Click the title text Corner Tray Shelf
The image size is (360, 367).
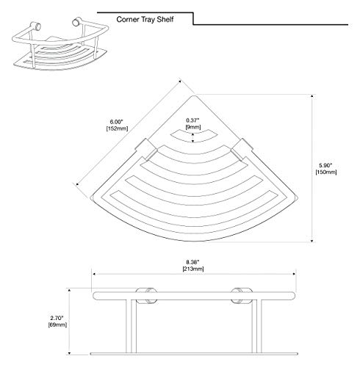tap(145, 19)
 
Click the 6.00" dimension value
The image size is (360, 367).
tap(117, 122)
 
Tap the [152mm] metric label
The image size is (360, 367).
tap(117, 128)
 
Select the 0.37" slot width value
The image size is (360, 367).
tap(192, 120)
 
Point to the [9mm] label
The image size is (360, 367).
tap(193, 127)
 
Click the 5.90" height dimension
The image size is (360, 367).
tap(325, 165)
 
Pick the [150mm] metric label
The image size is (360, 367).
tap(326, 172)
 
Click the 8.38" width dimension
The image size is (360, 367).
tap(192, 262)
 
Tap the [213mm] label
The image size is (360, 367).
tap(193, 269)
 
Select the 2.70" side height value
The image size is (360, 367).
tap(57, 318)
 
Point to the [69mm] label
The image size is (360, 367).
tap(57, 324)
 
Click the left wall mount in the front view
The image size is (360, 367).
tap(146, 296)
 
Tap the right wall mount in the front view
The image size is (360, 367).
tap(242, 296)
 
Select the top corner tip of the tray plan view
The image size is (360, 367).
tap(194, 95)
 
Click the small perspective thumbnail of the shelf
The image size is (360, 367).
tap(60, 43)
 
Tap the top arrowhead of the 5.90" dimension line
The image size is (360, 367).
tap(312, 96)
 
